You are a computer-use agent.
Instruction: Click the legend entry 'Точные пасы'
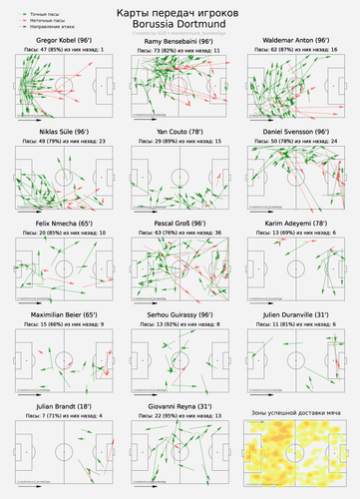[x=40, y=5]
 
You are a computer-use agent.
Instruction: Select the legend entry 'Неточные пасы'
[x=42, y=12]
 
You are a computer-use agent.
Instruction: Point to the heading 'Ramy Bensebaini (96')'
[x=180, y=39]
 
